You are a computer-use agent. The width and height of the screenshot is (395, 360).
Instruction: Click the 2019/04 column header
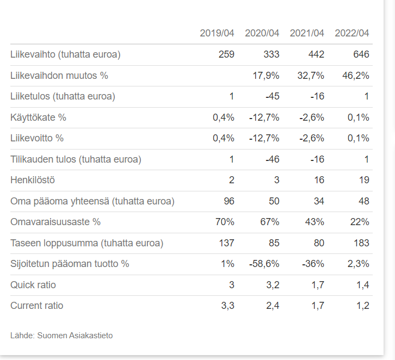tap(217, 33)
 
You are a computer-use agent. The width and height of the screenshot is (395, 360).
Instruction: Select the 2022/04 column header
tap(352, 33)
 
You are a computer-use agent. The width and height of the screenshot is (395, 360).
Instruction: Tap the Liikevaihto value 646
tap(361, 54)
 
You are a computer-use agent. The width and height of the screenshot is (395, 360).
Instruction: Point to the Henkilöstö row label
tap(33, 180)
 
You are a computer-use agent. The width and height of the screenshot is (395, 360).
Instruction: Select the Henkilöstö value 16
tap(319, 180)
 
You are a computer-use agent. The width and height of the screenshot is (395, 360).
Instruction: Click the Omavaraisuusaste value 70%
tap(224, 222)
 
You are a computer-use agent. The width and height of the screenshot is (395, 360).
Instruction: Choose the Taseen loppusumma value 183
tap(361, 243)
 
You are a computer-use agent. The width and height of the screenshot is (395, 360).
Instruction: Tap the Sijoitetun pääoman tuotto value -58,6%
tap(264, 264)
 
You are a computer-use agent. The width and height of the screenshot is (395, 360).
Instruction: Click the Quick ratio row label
tap(33, 285)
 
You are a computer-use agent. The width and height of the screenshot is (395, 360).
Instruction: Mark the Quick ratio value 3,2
tap(271, 285)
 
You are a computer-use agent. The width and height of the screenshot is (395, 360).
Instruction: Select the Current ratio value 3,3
tap(227, 306)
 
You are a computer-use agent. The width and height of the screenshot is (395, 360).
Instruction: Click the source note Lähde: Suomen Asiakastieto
tap(61, 335)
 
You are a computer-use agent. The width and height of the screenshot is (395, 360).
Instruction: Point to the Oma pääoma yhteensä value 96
tap(229, 201)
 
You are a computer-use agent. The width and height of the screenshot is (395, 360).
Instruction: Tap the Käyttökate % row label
tap(38, 117)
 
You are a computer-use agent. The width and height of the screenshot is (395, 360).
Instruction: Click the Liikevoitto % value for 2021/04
tap(312, 138)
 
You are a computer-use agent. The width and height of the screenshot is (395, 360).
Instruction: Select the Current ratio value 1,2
tap(362, 306)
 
